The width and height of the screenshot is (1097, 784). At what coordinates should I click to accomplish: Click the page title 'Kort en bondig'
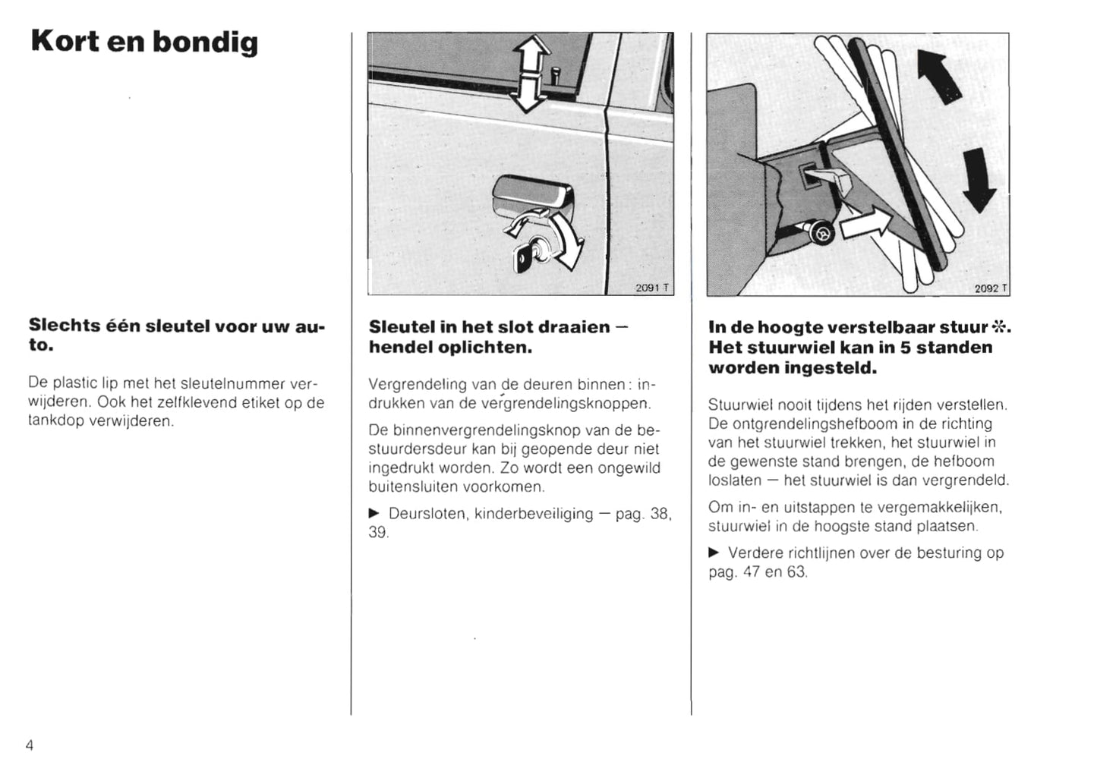(x=144, y=43)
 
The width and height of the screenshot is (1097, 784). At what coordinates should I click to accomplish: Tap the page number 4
(x=30, y=745)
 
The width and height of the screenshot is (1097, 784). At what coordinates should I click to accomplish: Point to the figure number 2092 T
(x=991, y=288)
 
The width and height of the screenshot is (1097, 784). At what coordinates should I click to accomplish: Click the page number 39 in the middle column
(x=377, y=533)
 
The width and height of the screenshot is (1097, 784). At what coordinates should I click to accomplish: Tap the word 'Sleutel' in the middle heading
(x=402, y=327)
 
